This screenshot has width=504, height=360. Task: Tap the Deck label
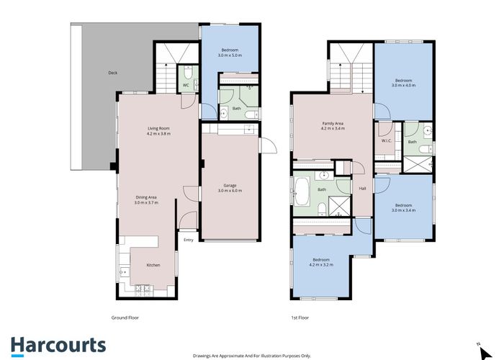click(112, 73)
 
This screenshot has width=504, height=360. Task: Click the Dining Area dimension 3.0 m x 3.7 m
click(147, 203)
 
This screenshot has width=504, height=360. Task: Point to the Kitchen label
click(153, 265)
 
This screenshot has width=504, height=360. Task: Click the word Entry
click(189, 240)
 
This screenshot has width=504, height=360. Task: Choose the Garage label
click(232, 186)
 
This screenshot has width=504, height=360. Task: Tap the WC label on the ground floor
click(185, 85)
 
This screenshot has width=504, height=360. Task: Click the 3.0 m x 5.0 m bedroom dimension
click(231, 55)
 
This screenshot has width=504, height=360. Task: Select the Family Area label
click(333, 123)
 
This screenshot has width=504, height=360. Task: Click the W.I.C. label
click(386, 140)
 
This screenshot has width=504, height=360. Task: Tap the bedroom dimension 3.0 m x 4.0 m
click(404, 85)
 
